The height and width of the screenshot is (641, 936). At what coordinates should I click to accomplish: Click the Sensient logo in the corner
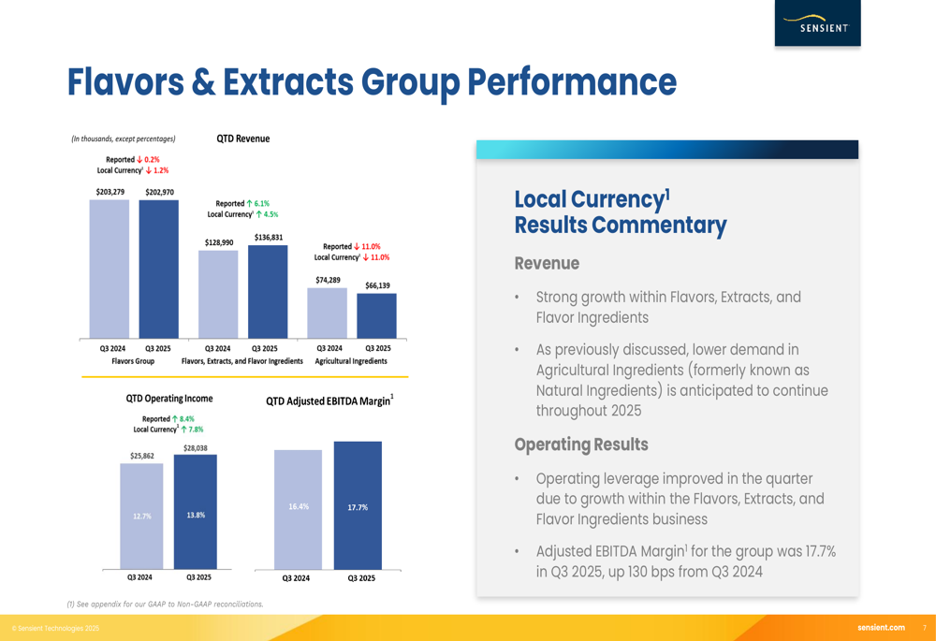[x=817, y=23]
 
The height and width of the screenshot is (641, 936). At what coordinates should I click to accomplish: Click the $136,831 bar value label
[x=268, y=238]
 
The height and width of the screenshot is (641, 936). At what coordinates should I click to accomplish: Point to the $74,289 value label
[x=328, y=280]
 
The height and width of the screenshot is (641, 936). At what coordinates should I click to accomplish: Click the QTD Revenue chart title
[x=243, y=138]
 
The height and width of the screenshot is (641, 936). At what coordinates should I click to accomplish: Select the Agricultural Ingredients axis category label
[x=351, y=361]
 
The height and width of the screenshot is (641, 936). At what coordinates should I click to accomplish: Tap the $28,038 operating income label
[x=195, y=448]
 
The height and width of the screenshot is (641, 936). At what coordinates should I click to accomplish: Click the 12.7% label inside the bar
[x=141, y=516]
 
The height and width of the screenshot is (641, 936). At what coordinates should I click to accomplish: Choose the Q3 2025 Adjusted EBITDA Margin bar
[x=358, y=505]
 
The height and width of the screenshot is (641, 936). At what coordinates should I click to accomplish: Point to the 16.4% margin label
[x=299, y=506]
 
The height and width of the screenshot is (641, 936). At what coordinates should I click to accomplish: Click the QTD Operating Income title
[x=169, y=399]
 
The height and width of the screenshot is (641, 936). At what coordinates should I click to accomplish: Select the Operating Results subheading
[x=581, y=444]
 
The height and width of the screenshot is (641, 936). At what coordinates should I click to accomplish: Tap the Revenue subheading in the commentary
[x=547, y=264]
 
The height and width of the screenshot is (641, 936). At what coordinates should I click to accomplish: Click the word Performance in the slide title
[x=571, y=82]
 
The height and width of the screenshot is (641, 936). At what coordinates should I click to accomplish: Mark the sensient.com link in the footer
[x=881, y=627]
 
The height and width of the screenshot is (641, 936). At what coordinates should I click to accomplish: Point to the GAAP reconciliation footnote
[x=165, y=604]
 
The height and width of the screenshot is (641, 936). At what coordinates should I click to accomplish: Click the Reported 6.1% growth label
[x=242, y=203]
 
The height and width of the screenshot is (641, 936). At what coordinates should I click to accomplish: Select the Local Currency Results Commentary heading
[x=620, y=212]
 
